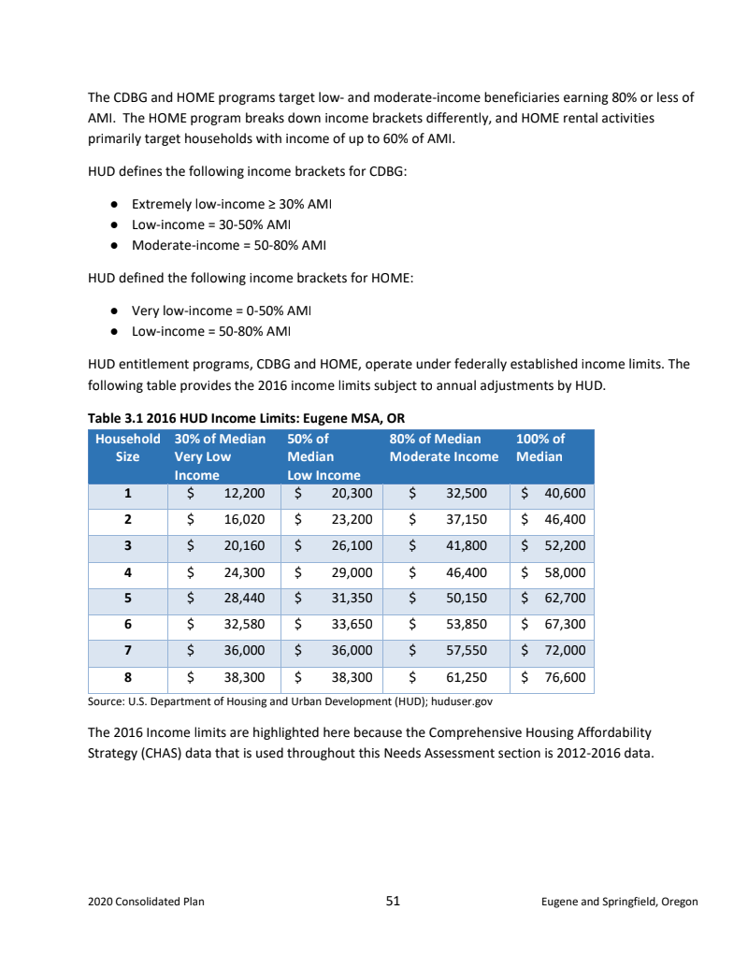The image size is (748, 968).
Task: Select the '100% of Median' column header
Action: click(x=540, y=447)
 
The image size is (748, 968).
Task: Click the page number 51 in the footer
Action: click(x=393, y=902)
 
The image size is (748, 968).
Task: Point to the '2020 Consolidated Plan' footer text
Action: click(x=146, y=903)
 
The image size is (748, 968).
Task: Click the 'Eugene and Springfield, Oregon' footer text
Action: click(x=619, y=903)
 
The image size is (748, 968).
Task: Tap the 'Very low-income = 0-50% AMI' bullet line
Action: click(x=221, y=311)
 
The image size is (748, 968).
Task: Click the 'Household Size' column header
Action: click(x=128, y=447)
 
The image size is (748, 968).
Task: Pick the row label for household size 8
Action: click(x=127, y=676)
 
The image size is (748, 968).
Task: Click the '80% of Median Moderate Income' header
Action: click(x=444, y=447)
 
